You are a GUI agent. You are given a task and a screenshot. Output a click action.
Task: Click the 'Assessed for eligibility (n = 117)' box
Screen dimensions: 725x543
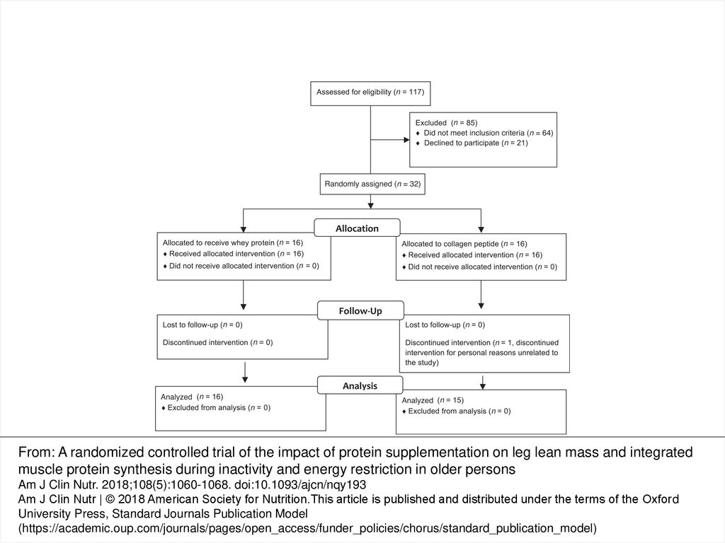point(370,94)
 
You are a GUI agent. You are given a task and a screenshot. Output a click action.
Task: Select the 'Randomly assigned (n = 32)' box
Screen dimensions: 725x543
point(372,184)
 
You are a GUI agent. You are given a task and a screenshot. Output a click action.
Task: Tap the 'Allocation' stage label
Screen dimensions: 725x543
point(357,228)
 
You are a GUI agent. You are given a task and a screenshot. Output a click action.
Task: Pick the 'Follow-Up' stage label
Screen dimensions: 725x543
point(360,311)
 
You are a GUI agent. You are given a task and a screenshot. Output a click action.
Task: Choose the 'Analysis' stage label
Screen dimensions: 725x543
point(360,385)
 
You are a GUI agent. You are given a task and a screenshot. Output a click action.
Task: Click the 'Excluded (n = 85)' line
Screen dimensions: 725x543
point(446,123)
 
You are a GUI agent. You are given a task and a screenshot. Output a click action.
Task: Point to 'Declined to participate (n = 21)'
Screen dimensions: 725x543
point(476,143)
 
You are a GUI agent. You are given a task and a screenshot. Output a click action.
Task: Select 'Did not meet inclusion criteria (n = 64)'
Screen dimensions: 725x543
point(489,133)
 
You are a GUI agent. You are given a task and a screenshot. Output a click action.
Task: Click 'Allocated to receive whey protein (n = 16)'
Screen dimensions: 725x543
point(232,243)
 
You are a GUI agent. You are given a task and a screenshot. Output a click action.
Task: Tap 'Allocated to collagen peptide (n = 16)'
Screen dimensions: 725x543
point(464,244)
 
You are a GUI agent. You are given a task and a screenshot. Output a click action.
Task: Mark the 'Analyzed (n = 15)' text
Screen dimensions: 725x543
point(433,400)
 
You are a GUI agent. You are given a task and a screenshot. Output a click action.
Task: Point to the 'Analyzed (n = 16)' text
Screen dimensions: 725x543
point(192,397)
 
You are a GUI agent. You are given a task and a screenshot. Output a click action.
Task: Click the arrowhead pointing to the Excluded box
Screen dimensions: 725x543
point(407,139)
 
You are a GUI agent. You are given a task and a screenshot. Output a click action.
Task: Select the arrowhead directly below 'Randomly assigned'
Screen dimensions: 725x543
point(370,205)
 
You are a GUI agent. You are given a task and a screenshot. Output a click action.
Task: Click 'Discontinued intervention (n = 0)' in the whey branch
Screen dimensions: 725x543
point(218,343)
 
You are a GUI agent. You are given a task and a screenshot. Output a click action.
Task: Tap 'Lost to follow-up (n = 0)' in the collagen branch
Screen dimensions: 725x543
point(445,325)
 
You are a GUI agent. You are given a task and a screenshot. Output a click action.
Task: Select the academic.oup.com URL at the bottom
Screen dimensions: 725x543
point(307,528)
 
